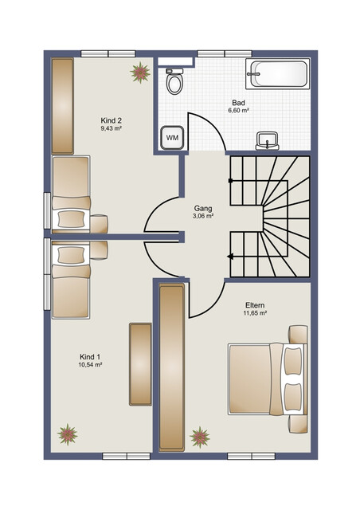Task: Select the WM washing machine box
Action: [x=172, y=137]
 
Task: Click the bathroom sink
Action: [x=268, y=141]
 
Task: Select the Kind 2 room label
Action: [x=111, y=121]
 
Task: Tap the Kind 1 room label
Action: [x=90, y=356]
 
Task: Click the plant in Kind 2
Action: [x=140, y=73]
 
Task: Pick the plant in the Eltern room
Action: [x=200, y=437]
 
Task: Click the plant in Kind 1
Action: [x=68, y=435]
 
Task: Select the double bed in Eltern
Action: [x=267, y=379]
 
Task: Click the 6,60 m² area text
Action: [x=237, y=112]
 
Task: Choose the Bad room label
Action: [x=237, y=103]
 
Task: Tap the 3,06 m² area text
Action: [x=202, y=216]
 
